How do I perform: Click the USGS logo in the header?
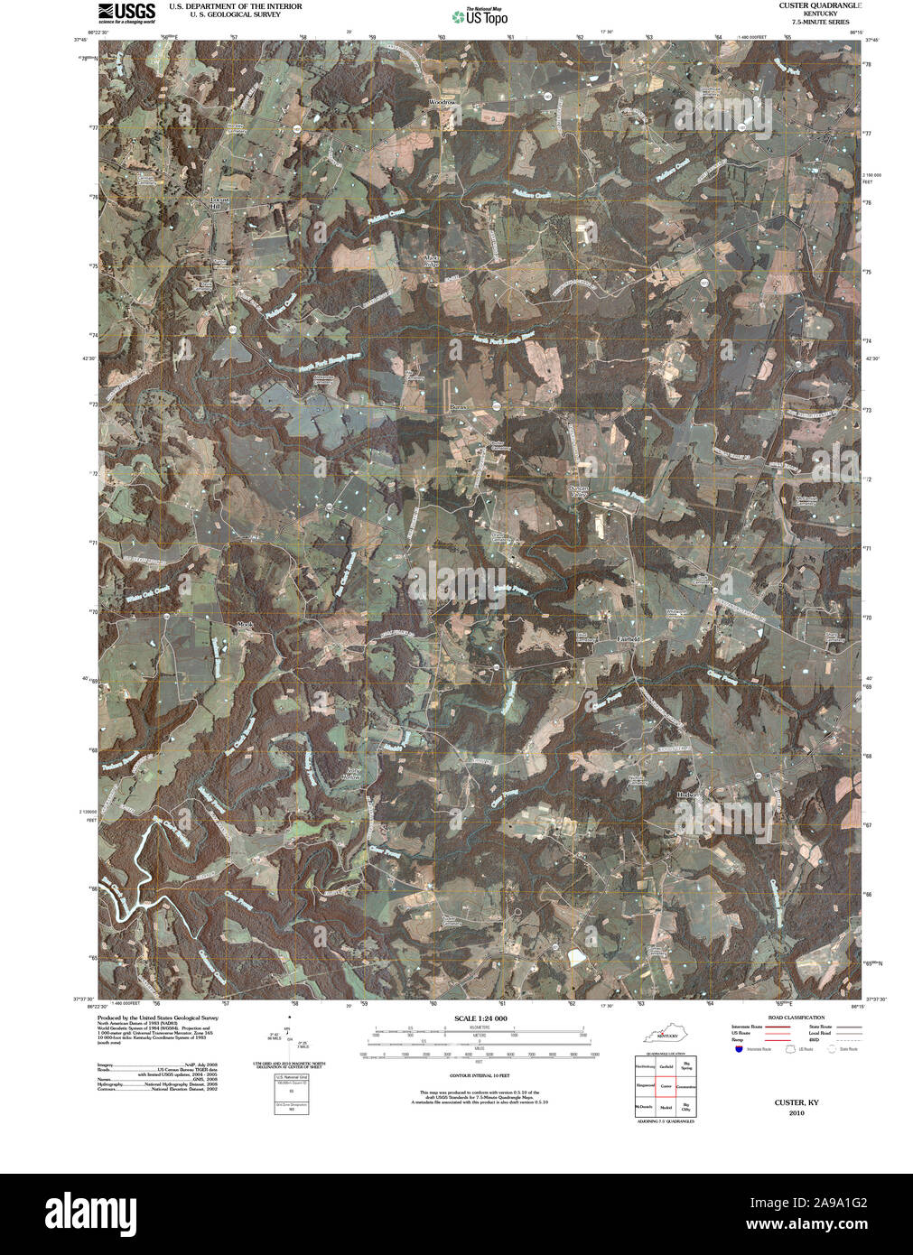pos(126,11)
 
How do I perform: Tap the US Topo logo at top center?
pos(480,15)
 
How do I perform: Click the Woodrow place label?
pos(442,103)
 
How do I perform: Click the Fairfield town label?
pos(628,638)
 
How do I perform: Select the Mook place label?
pos(245,624)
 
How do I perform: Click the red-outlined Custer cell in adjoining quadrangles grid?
pos(666,1086)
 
